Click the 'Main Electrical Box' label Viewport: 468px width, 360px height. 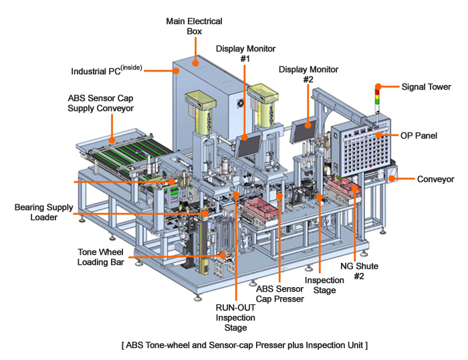click(195, 25)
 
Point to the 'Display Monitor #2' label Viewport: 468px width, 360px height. click(308, 74)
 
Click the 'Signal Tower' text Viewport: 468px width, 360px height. click(426, 86)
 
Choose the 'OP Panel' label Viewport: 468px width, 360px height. click(419, 135)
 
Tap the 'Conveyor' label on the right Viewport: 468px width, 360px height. click(435, 179)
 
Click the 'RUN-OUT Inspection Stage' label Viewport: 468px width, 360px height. click(236, 317)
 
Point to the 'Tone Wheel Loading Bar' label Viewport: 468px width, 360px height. click(102, 257)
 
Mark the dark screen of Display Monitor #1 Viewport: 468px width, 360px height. click(249, 143)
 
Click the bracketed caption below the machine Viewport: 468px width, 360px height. click(244, 345)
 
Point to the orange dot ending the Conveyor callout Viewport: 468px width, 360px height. click(395, 179)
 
